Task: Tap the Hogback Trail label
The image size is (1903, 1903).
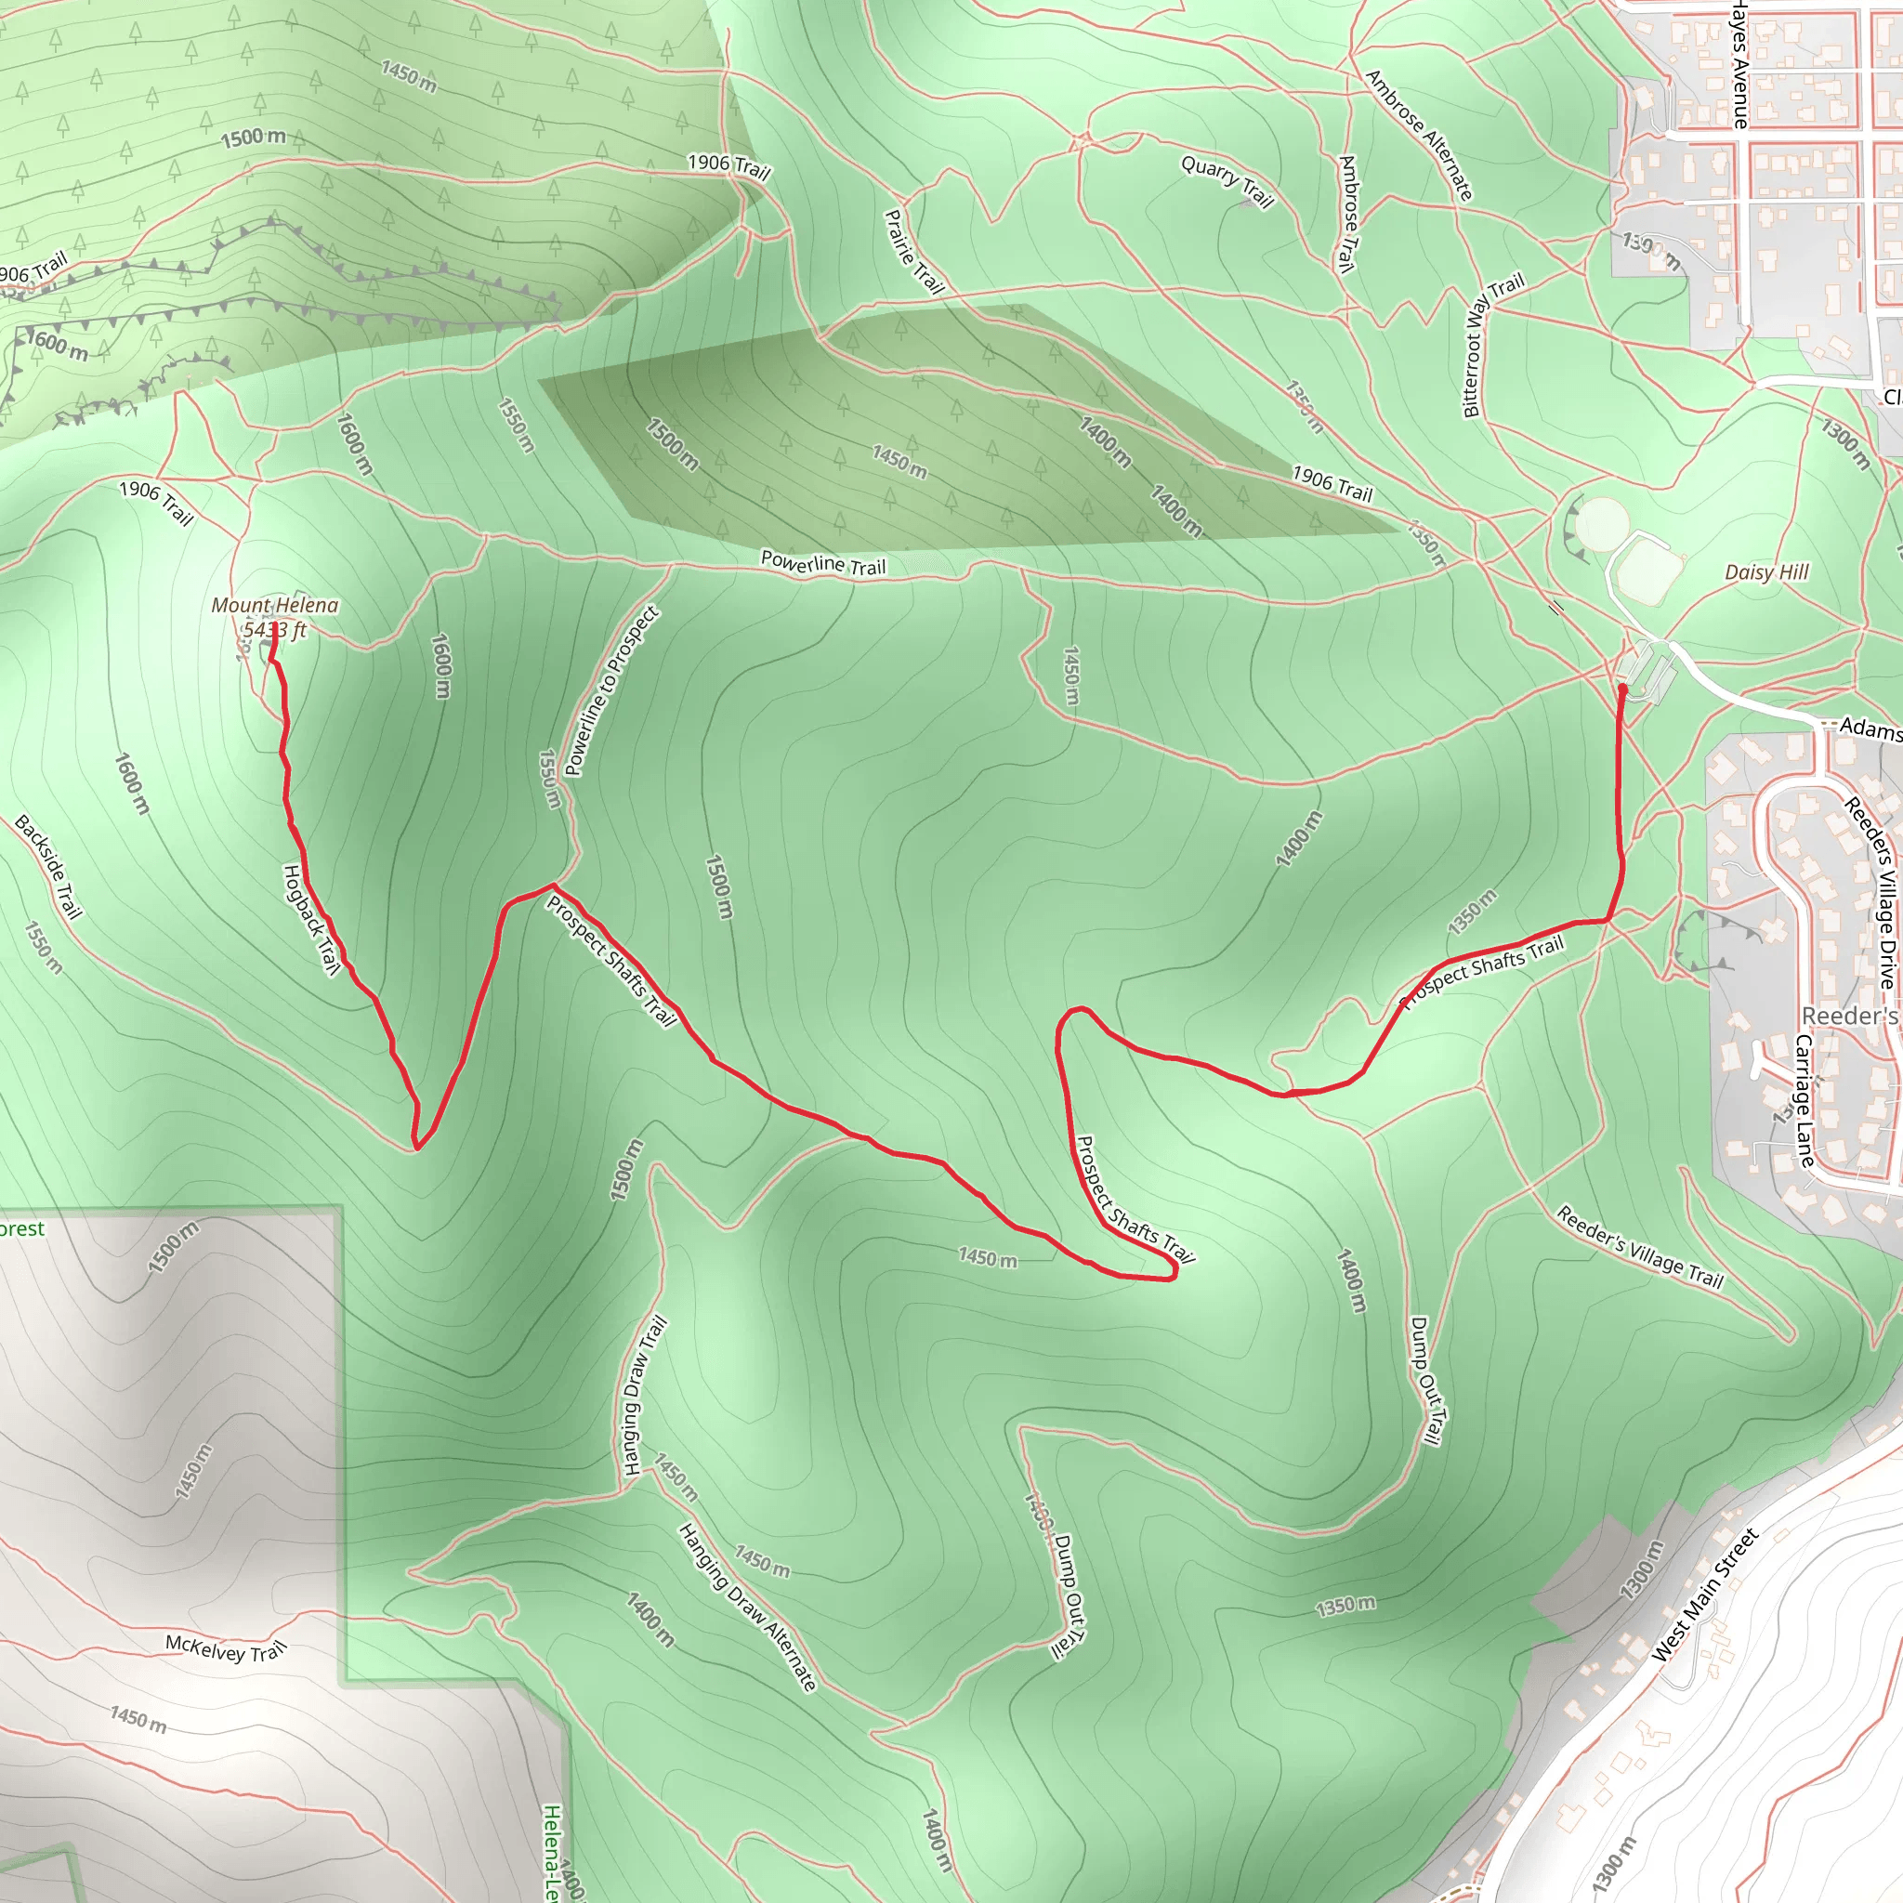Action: (311, 920)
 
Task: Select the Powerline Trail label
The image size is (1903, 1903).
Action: (823, 563)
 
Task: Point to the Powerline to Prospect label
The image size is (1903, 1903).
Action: (612, 691)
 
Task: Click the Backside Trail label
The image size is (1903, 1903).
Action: (48, 867)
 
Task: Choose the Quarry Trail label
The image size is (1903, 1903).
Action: (1227, 182)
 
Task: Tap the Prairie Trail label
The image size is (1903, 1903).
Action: (914, 251)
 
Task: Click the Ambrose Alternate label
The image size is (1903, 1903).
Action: (1420, 136)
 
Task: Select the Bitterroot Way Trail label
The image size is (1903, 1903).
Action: (1493, 345)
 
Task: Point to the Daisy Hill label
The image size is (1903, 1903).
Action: (1767, 572)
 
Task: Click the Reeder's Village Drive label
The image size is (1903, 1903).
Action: (1870, 892)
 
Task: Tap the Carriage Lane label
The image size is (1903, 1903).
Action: (1805, 1101)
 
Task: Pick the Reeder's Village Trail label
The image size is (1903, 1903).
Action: (1640, 1247)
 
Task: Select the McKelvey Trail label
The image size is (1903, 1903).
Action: (226, 1647)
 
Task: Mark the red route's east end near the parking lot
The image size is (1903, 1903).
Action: (1621, 688)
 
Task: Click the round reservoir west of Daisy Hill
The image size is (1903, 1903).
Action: (1601, 524)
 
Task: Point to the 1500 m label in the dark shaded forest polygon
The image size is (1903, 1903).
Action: (673, 444)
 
